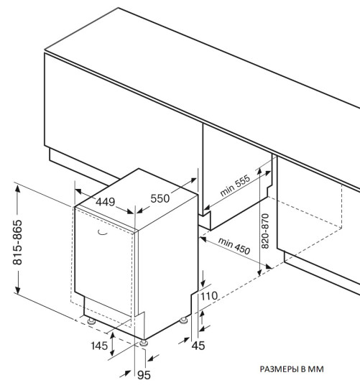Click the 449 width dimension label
[105, 202]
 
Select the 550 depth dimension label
[160, 198]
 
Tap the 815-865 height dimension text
[17, 242]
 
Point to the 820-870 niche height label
[265, 231]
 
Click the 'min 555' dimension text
[235, 185]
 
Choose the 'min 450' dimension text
[234, 246]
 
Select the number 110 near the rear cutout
[209, 296]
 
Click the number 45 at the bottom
[198, 346]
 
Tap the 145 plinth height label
[99, 346]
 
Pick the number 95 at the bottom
[144, 375]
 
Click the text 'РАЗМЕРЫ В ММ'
[292, 369]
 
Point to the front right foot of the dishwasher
[144, 343]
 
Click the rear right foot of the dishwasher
[183, 320]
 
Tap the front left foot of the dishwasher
[91, 321]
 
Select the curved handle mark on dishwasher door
[103, 233]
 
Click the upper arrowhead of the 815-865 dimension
[17, 189]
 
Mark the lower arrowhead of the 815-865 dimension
[17, 290]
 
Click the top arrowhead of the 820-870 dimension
[259, 172]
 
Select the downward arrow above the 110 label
[203, 279]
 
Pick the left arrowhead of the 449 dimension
[78, 191]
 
